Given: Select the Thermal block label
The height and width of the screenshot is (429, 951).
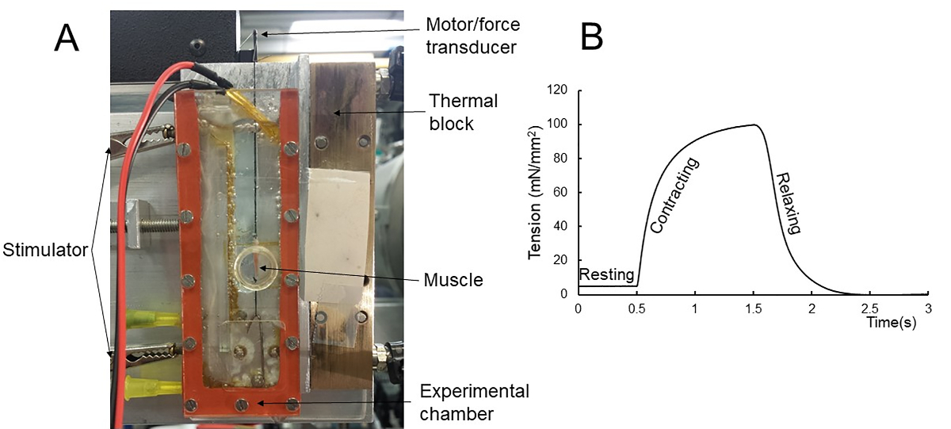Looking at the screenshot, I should coord(464,112).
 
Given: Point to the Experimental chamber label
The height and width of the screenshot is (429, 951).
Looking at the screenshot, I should coord(475,402).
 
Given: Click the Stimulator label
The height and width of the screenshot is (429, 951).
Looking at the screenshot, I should coord(45,253).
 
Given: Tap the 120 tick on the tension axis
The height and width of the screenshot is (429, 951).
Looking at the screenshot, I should coord(560,90).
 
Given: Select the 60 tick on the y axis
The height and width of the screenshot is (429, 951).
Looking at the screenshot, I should coord(563,193).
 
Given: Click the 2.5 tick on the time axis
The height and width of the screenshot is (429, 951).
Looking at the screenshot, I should coord(869,308).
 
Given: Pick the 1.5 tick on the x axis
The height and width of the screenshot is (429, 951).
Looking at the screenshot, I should coord(753,308).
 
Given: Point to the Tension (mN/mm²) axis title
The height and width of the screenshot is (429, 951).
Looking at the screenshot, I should coord(536,192).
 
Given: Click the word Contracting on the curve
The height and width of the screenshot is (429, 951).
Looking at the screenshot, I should coord(675,195).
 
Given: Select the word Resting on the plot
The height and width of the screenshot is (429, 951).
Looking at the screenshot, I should coord(607,275).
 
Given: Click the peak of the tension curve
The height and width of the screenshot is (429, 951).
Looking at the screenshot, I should coord(757,124).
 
